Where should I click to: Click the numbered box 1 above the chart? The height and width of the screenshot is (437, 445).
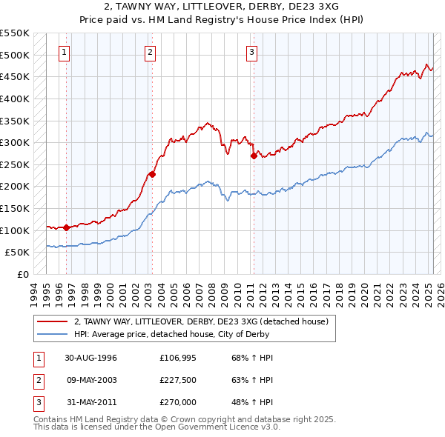tap(65, 52)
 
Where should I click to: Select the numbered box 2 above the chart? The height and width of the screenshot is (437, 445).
tap(151, 52)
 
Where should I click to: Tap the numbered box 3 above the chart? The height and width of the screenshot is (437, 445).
tap(252, 52)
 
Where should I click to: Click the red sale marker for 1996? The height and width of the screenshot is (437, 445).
tap(67, 227)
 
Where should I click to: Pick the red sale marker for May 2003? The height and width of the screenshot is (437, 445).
tap(152, 175)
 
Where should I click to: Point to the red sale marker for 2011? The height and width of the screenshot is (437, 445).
tap(254, 156)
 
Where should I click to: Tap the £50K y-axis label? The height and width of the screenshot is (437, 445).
tap(18, 253)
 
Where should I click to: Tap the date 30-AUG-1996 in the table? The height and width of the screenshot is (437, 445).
tap(90, 358)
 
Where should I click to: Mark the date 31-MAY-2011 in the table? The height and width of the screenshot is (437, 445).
tap(90, 404)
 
